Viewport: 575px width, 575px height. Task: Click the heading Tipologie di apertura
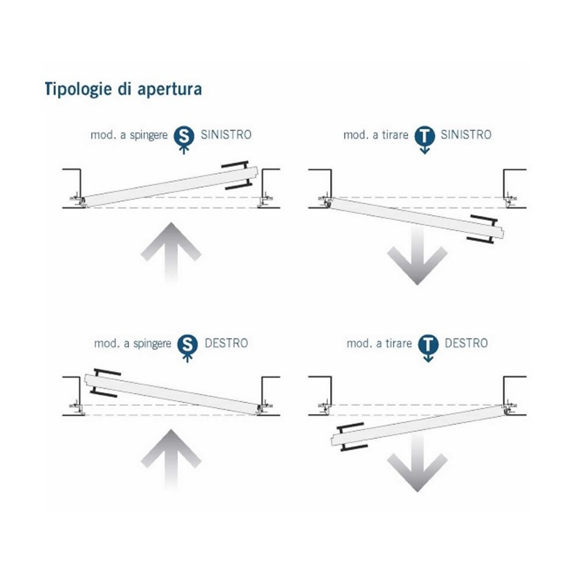pos(123,90)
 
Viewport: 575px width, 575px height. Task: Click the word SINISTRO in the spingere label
pos(226,135)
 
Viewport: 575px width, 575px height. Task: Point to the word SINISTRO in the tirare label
pos(466,135)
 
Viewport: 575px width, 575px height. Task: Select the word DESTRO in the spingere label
pos(226,343)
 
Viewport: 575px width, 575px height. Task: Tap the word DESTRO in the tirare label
pos(466,343)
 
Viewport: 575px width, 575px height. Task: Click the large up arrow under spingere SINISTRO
pos(171,253)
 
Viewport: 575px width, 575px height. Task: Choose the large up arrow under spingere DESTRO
pos(171,460)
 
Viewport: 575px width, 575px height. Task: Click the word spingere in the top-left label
pos(148,136)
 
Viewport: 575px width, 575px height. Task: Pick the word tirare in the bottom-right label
pos(398,344)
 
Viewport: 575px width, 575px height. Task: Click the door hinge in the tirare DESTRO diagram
pos(508,409)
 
